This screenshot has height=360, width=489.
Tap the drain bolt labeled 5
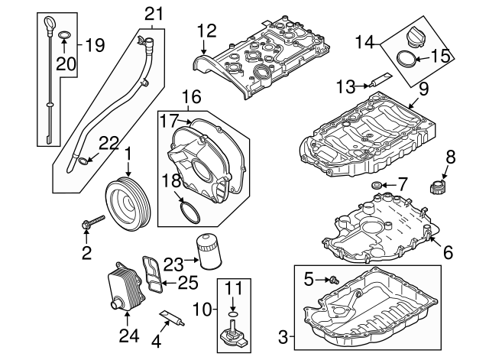click(334, 281)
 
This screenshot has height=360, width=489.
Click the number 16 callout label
click(191, 97)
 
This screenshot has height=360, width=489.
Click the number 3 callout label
click(283, 336)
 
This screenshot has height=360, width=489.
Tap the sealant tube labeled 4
click(172, 318)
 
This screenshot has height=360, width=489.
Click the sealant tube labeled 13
click(380, 80)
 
